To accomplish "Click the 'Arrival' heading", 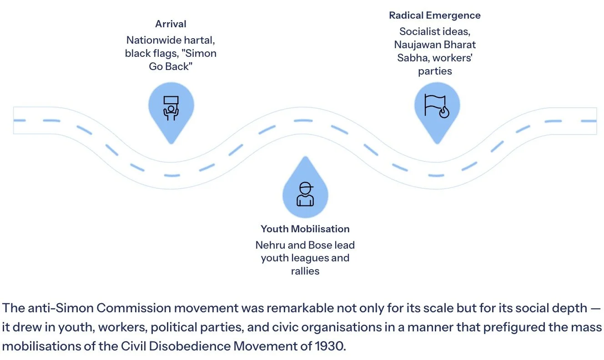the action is pos(171,24).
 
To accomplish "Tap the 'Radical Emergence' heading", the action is pos(434,15).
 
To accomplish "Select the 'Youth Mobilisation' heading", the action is pos(305,229).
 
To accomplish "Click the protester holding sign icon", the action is pos(171,108).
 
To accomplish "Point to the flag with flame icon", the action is pos(437,105).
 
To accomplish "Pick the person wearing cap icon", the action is pos(305,194).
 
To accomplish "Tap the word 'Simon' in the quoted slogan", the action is pos(203,53).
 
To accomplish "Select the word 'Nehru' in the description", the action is pos(270,245).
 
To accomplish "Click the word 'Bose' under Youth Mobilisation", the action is pos(321,245).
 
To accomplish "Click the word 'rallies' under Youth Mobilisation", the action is pos(305,271).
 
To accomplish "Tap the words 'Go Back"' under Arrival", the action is pos(171,66).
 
